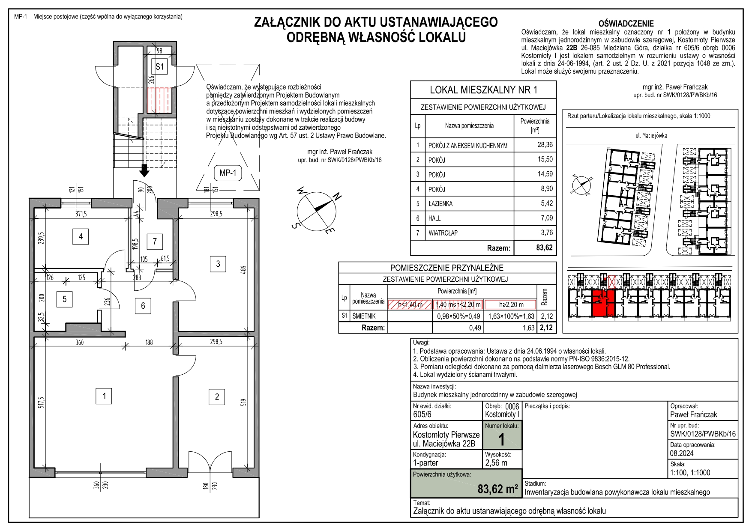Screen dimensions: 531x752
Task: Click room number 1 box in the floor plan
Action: point(104,396)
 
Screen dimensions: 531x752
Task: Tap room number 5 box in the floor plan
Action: point(65,299)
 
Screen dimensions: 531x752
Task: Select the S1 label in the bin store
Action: point(159,67)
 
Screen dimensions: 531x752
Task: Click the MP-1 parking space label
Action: point(228,173)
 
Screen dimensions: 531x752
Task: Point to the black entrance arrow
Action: point(144,170)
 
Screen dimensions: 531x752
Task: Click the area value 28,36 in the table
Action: point(545,145)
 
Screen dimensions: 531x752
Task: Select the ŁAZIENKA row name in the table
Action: point(440,204)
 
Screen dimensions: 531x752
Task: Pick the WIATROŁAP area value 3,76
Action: point(547,233)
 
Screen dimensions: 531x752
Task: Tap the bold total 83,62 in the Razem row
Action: point(544,248)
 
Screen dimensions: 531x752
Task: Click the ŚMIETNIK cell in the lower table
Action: point(364,316)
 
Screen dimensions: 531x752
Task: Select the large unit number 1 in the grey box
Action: point(501,440)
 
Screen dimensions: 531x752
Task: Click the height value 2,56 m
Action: point(496,463)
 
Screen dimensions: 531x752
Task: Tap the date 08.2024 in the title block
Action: point(682,453)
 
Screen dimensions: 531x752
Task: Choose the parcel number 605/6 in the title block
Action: point(422,414)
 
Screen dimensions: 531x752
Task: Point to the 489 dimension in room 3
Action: point(244,271)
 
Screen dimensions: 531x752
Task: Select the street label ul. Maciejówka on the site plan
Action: point(651,136)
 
